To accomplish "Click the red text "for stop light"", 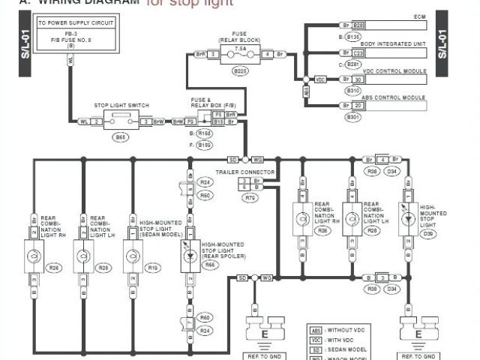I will point(190,3).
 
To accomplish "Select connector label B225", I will point(241,70).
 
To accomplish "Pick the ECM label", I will point(420,16).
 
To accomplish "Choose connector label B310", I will point(352,90).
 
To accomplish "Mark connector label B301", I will point(352,117).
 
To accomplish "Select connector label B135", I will point(353,36).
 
